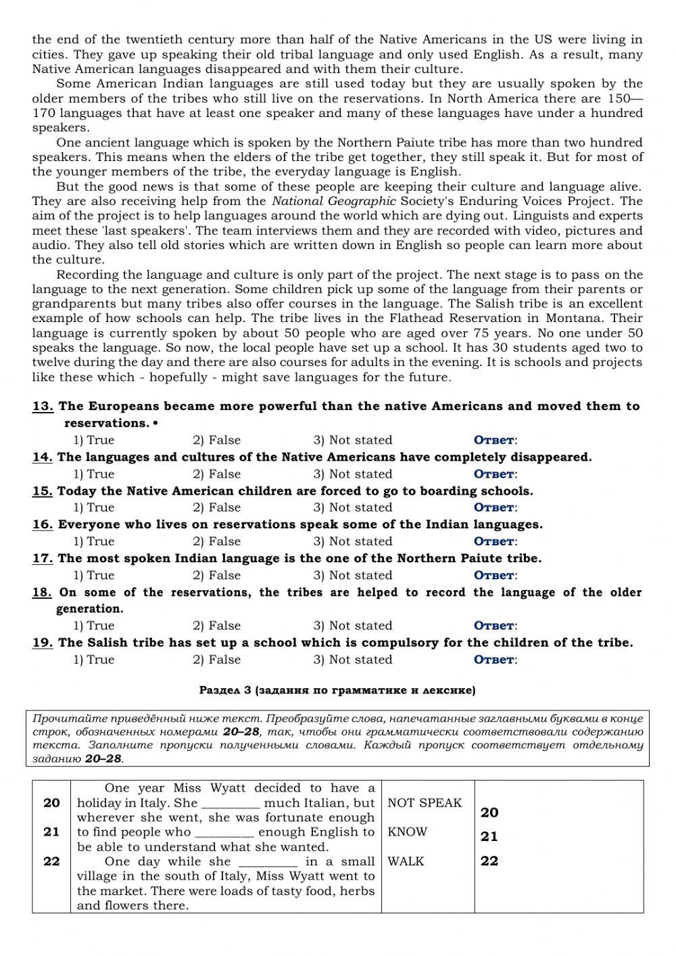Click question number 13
pyautogui.click(x=43, y=407)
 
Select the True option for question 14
pyautogui.click(x=93, y=474)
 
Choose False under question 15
pyautogui.click(x=216, y=507)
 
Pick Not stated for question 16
pyautogui.click(x=352, y=541)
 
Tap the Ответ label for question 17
pyautogui.click(x=495, y=576)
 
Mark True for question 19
pyautogui.click(x=93, y=660)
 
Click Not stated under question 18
pyautogui.click(x=352, y=626)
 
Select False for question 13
pyautogui.click(x=216, y=440)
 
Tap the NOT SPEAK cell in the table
pyautogui.click(x=425, y=803)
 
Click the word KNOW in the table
pyautogui.click(x=407, y=832)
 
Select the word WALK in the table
pyautogui.click(x=406, y=861)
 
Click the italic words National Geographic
pyautogui.click(x=333, y=201)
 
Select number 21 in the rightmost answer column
pyautogui.click(x=489, y=837)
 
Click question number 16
pyautogui.click(x=43, y=525)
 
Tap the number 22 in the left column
pyautogui.click(x=51, y=861)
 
